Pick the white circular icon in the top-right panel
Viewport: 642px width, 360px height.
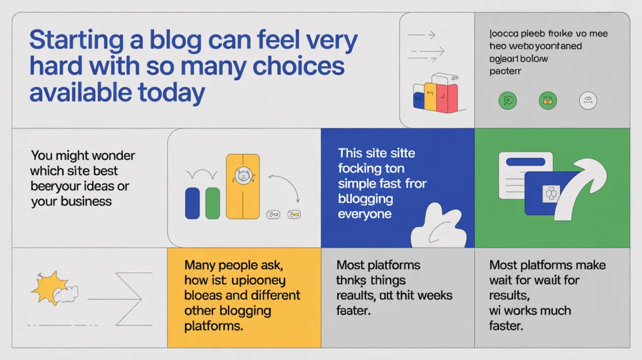coord(588,100)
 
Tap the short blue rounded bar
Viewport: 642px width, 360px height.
coord(192,203)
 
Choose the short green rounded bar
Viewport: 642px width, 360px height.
coord(213,203)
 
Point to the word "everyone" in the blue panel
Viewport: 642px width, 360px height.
coord(364,214)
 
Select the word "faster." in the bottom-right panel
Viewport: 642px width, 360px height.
coord(506,326)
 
